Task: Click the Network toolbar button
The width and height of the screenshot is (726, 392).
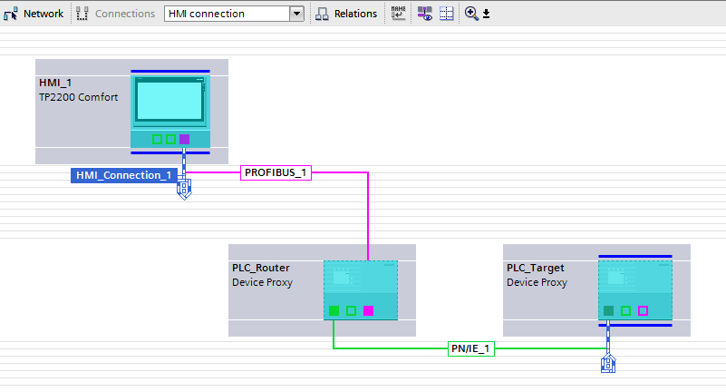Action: pyautogui.click(x=34, y=14)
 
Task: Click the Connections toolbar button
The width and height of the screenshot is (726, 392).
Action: pyautogui.click(x=116, y=14)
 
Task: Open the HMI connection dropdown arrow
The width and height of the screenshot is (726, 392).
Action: pyautogui.click(x=296, y=14)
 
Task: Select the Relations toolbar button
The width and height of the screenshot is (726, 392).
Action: pyautogui.click(x=346, y=14)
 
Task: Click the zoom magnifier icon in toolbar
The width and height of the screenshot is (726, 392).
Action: pyautogui.click(x=471, y=14)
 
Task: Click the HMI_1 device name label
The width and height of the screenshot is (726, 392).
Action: pyautogui.click(x=55, y=83)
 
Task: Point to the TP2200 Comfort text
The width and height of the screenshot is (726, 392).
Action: pyautogui.click(x=78, y=97)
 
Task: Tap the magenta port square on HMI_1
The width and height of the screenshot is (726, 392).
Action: pyautogui.click(x=184, y=139)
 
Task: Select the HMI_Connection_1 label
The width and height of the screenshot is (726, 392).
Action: pyautogui.click(x=123, y=175)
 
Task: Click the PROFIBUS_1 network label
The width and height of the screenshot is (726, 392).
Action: pyautogui.click(x=276, y=172)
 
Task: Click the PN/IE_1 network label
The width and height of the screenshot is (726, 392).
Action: pyautogui.click(x=471, y=348)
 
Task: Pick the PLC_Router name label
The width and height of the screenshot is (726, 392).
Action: pyautogui.click(x=260, y=268)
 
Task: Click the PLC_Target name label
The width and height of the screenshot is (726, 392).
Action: pyautogui.click(x=535, y=268)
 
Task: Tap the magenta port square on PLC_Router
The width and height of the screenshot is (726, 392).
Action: pyautogui.click(x=368, y=310)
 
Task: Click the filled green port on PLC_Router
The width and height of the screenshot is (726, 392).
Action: pyautogui.click(x=334, y=310)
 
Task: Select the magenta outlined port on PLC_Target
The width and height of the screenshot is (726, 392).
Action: pyautogui.click(x=643, y=310)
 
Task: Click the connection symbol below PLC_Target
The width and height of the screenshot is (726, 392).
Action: pyautogui.click(x=608, y=364)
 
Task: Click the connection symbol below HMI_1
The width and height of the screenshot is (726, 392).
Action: pyautogui.click(x=184, y=190)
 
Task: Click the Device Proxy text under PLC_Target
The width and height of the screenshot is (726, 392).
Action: pyautogui.click(x=537, y=282)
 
